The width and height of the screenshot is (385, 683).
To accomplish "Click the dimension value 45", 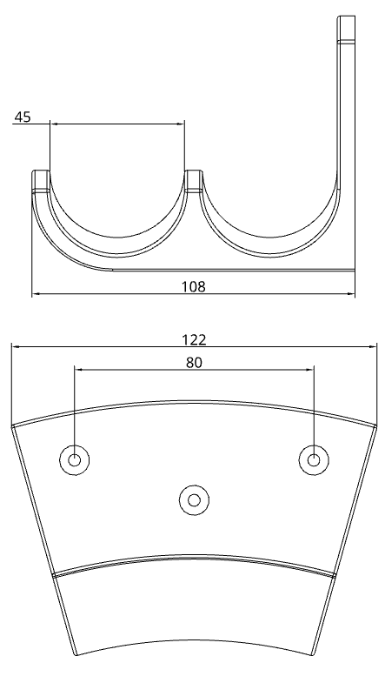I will [x=22, y=117].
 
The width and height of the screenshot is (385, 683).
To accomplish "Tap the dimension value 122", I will [x=196, y=340].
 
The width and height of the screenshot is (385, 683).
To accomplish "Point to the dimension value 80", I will [x=194, y=363].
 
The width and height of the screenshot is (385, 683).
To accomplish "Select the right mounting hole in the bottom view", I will [x=314, y=459].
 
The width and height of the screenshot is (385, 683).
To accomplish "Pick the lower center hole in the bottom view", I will [x=194, y=499].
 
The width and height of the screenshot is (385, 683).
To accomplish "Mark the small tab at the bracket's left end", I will [x=41, y=179].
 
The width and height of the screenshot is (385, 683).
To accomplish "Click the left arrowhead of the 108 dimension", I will [x=34, y=295].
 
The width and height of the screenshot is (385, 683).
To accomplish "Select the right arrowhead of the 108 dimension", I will [x=354, y=295].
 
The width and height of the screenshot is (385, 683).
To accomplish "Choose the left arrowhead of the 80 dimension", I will [x=76, y=370].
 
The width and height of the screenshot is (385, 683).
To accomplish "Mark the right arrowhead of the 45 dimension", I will [x=183, y=124].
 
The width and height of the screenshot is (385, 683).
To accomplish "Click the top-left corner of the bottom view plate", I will [x=13, y=426].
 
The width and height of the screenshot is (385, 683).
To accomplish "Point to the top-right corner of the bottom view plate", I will [x=375, y=426].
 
